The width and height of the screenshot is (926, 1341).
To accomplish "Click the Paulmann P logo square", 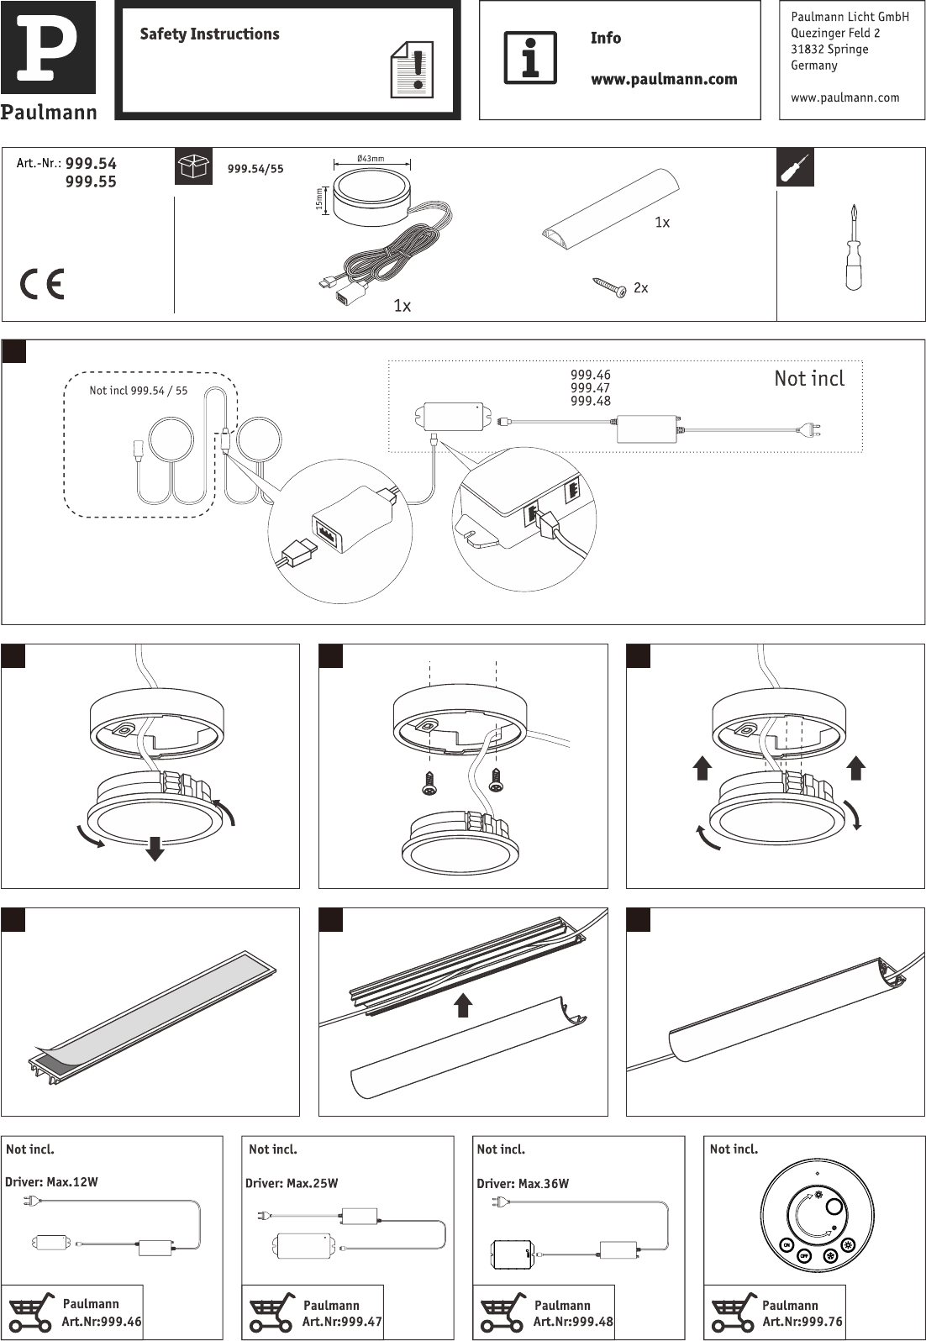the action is coord(48,47).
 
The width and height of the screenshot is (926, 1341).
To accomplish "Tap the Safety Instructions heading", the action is coord(209,34).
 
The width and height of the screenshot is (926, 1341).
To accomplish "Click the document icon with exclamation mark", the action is coord(412,70).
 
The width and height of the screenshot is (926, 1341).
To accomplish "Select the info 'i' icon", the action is coord(529,58).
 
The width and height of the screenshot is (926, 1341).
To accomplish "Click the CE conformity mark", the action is coord(42,284).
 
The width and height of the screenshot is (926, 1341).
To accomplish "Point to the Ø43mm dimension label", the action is coord(371,159).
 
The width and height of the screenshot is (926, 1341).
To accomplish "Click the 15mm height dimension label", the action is coord(319,199).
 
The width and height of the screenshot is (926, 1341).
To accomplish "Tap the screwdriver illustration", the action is coord(855,247).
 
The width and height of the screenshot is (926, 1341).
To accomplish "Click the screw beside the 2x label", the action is coord(609,287).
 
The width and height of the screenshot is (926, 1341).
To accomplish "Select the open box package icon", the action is coord(193,166).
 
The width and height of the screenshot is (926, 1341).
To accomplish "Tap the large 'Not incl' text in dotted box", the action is coord(809,378).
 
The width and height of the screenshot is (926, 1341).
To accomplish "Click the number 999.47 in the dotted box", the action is coord(590,388).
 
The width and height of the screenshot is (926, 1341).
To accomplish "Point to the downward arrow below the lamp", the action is coord(155,849).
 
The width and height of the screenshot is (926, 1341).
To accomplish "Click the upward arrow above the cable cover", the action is coord(463,1005).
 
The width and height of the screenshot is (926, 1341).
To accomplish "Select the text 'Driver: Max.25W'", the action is coord(292,1183).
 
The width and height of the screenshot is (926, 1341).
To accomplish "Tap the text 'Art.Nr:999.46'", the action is coord(102,1321).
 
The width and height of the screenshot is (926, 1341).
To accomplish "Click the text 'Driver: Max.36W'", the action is coord(523,1184).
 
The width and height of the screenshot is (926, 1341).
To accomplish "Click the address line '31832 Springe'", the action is coord(829,49).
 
